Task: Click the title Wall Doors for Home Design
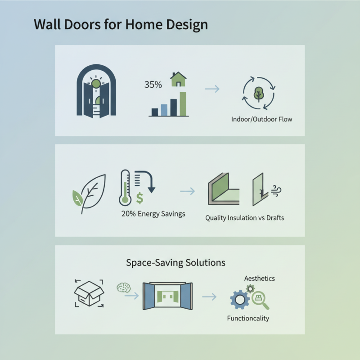pos(121,24)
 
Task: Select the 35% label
pos(153,84)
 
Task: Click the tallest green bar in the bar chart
pos(182,103)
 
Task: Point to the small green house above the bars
pos(178,80)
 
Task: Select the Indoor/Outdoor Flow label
pos(261,119)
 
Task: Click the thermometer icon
pos(125,188)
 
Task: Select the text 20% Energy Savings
pos(153,214)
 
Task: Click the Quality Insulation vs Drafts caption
pos(245,218)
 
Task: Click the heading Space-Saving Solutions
pos(175,262)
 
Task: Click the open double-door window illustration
pos(167,297)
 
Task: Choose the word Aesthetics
pos(259,279)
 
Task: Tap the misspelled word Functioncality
pos(248,318)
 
